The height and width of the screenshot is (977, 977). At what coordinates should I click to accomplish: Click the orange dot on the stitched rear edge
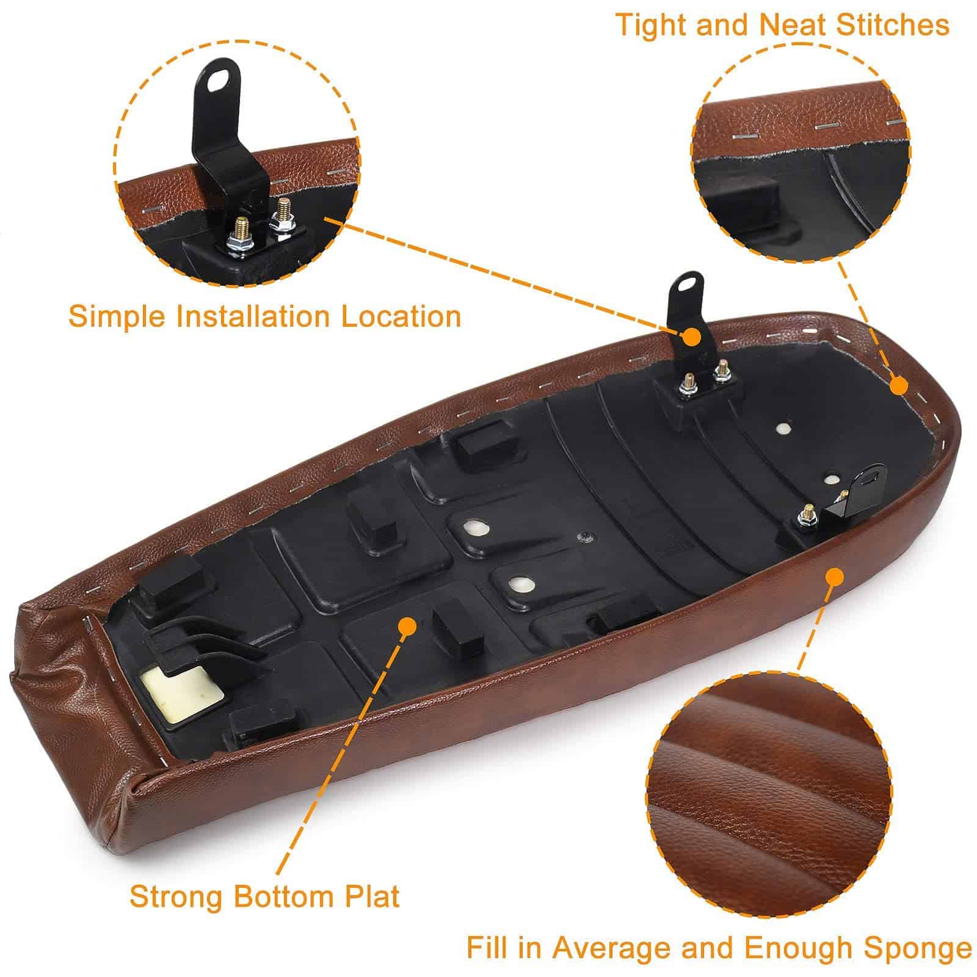click(898, 386)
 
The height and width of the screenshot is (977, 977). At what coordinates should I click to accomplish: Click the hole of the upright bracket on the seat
click(688, 283)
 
